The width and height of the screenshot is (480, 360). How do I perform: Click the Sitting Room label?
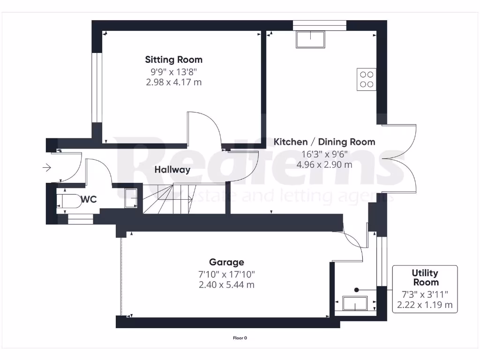[173, 60]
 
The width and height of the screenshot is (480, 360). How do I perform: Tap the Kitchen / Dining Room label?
[324, 142]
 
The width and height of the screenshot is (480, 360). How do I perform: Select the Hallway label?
[172, 170]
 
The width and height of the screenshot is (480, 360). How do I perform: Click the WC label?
[89, 200]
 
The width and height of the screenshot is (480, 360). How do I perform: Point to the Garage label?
[226, 262]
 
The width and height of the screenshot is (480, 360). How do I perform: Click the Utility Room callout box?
[425, 289]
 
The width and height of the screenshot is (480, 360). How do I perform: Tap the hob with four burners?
[367, 79]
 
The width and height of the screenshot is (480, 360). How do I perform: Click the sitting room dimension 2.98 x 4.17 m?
[174, 82]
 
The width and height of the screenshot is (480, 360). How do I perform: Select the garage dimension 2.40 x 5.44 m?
[226, 285]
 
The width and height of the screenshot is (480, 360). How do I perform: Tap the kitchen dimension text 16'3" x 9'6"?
[324, 153]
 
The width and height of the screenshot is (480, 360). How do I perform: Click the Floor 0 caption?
[240, 337]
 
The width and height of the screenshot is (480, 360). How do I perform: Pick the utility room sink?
[355, 304]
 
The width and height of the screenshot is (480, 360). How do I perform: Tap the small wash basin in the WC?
[131, 197]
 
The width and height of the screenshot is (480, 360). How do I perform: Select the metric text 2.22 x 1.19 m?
[425, 305]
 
